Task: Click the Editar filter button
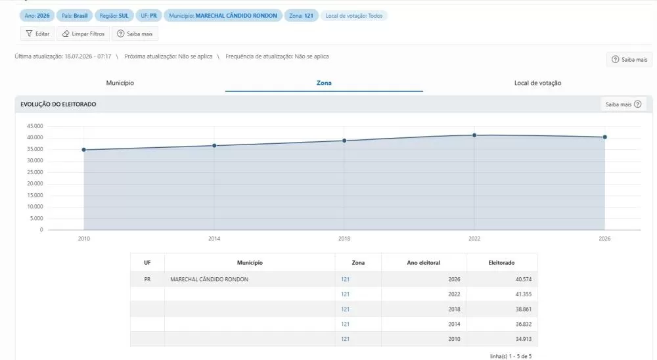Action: coord(37,34)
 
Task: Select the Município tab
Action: coord(120,83)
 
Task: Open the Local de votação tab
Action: coord(537,83)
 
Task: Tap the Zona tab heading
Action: coord(324,83)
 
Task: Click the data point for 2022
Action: coord(474,135)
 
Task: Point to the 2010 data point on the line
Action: coord(84,150)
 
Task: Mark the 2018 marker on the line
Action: coord(344,141)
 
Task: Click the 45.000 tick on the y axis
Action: coord(35,126)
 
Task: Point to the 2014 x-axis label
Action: coord(214,238)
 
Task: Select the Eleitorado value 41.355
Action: coord(524,294)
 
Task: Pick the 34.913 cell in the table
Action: coord(524,339)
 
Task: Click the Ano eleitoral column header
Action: coord(424,263)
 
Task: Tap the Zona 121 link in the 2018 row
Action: coord(346,309)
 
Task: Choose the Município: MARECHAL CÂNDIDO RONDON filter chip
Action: coord(223,16)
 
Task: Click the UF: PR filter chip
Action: coord(148,16)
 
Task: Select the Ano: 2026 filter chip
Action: coord(37,16)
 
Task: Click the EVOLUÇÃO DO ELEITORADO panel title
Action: coord(58,104)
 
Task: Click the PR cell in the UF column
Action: coord(147,280)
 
